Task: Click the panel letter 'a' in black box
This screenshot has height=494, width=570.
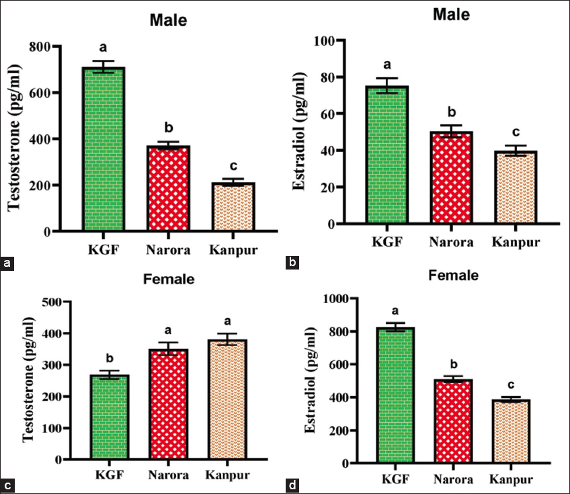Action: (x=8, y=263)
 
